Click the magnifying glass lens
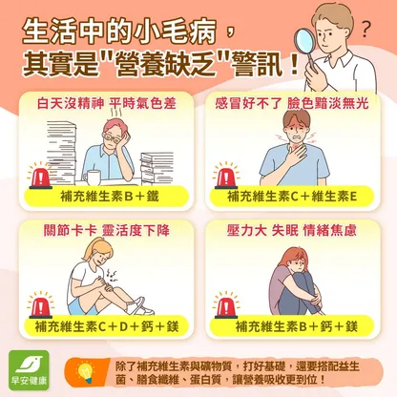(x=303, y=42)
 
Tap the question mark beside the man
(x=366, y=29)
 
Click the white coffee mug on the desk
(x=92, y=178)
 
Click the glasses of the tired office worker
(x=113, y=137)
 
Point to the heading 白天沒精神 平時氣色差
(x=106, y=104)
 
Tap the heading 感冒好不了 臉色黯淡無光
(x=292, y=104)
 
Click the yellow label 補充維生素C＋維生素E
(x=292, y=197)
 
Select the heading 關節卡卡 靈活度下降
(x=107, y=230)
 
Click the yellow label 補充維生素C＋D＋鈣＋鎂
(x=107, y=326)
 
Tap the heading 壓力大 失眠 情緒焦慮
(x=292, y=230)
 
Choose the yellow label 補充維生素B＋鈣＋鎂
(x=292, y=326)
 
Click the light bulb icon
(x=86, y=371)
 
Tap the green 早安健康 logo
(x=29, y=370)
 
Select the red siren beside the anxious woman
(x=226, y=306)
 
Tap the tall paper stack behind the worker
(x=61, y=150)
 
